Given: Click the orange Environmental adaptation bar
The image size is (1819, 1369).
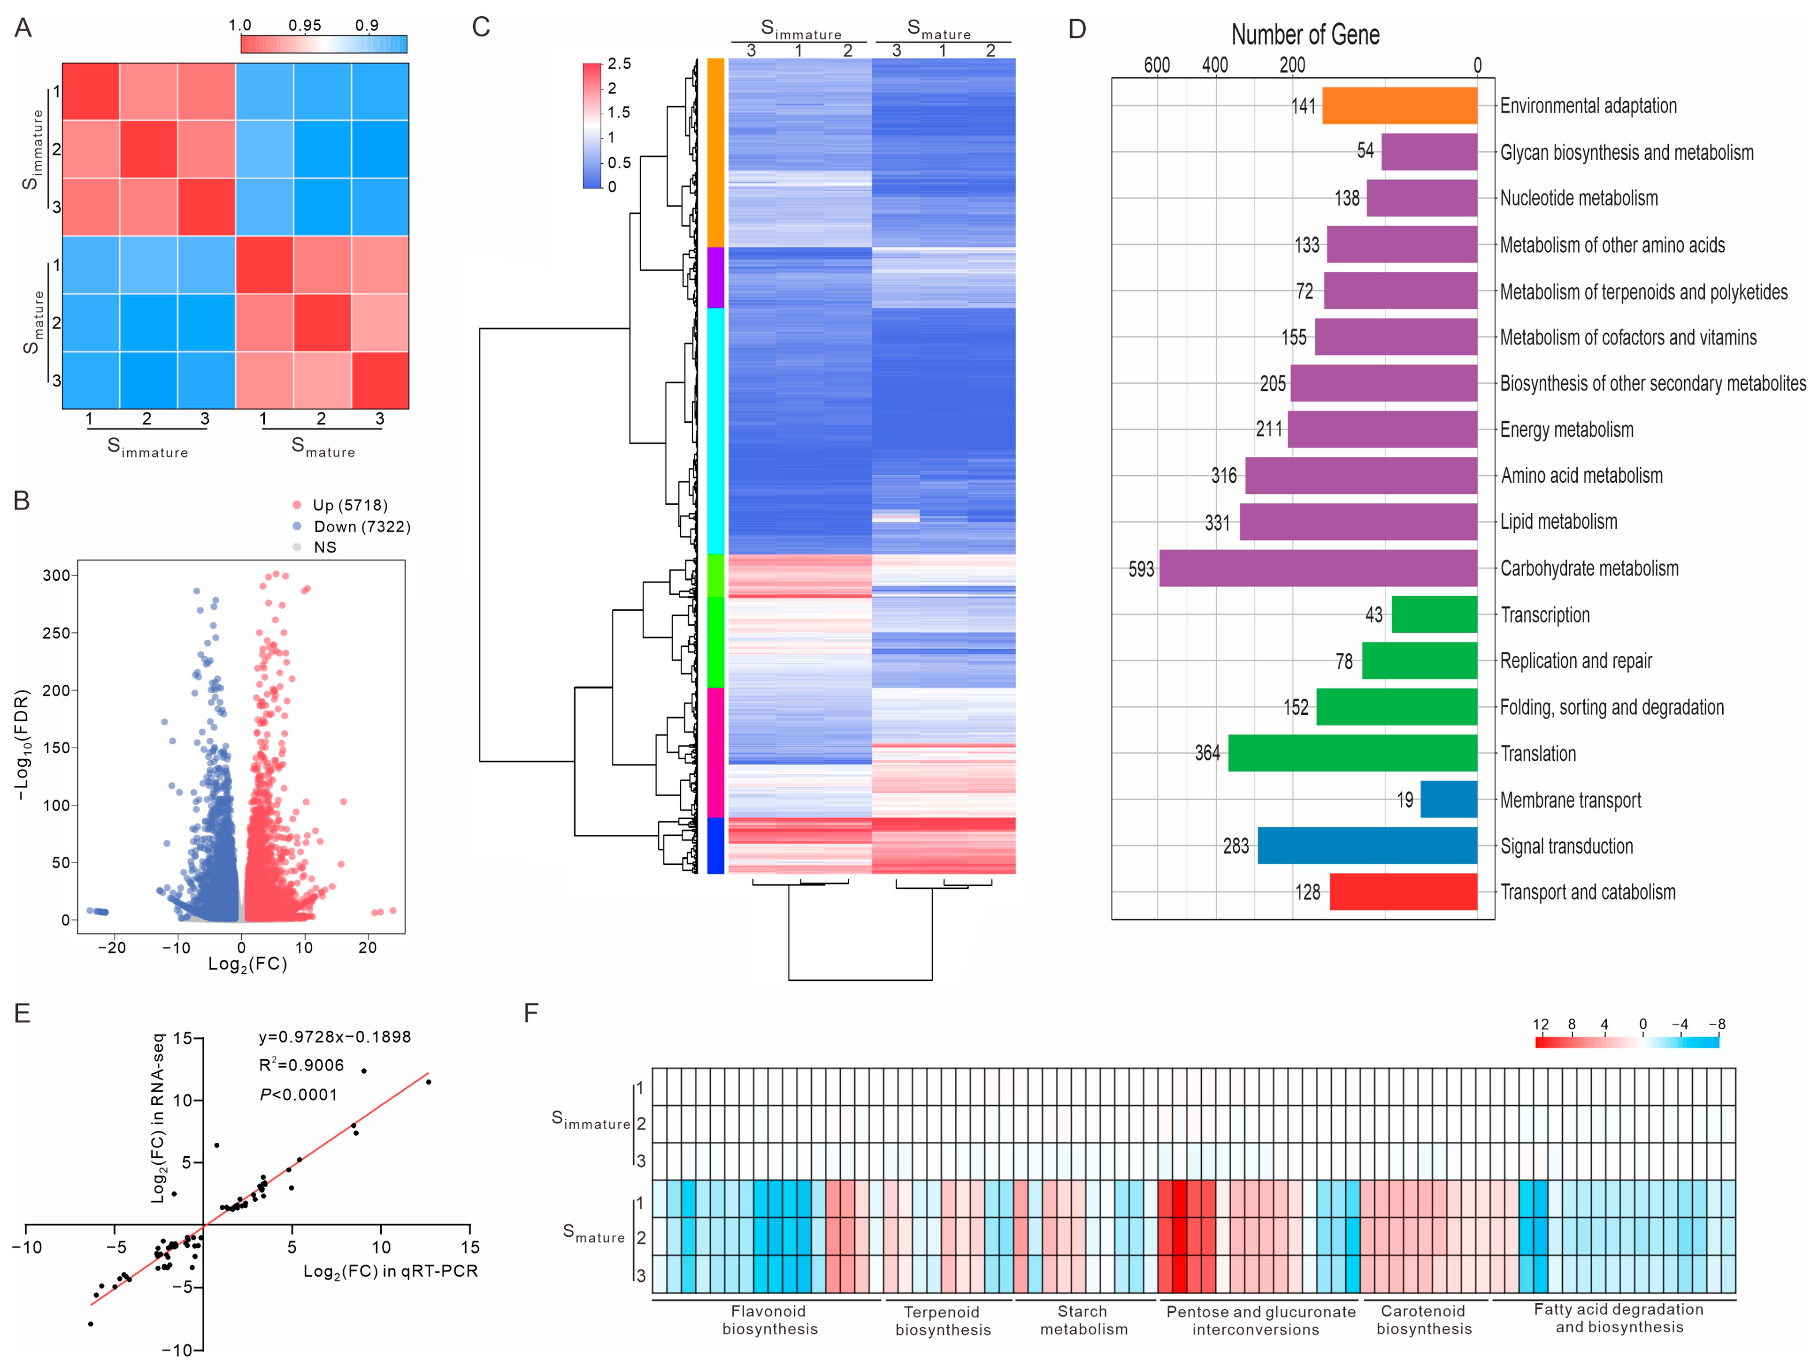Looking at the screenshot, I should click(1399, 106).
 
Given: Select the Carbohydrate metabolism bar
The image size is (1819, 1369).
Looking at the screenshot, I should click(1318, 568).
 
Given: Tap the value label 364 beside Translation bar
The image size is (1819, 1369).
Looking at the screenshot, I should click(1206, 753).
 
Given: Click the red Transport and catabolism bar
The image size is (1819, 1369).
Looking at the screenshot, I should click(1403, 892).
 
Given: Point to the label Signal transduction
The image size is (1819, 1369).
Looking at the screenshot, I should click(1566, 846).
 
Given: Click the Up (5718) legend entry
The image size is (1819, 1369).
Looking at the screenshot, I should click(350, 505).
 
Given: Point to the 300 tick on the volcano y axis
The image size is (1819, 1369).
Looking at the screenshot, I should click(56, 576).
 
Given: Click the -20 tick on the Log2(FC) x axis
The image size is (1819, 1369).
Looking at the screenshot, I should click(112, 947).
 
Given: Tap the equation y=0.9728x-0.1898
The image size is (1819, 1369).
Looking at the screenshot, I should click(335, 1037).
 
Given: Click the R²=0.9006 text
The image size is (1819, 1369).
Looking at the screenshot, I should click(301, 1066).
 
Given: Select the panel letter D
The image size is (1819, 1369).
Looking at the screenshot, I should click(1077, 29).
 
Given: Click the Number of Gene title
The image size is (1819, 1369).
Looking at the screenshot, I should click(1305, 35).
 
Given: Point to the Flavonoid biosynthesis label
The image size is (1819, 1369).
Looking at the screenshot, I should click(769, 1319).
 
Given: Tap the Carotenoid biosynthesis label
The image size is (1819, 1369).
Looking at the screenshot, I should click(1423, 1319).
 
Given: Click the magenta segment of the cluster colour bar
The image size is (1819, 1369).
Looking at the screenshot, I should click(715, 752).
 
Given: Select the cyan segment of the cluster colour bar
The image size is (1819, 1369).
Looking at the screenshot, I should click(715, 431).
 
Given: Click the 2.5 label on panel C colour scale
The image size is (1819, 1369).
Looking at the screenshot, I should click(619, 64).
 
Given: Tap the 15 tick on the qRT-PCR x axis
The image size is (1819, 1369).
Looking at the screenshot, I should click(470, 1247).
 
